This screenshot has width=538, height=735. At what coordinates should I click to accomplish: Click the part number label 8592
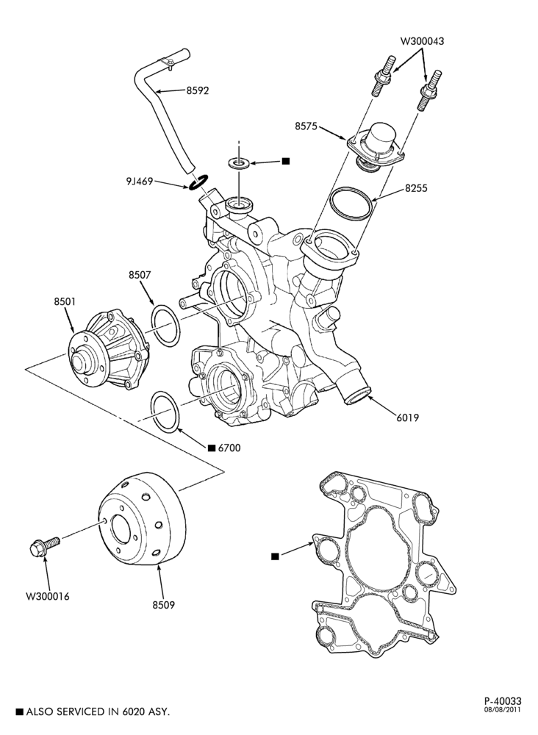pos(197,90)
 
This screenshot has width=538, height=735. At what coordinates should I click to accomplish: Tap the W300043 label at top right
pos(422,41)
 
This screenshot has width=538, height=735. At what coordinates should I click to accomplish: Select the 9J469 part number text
pos(139,181)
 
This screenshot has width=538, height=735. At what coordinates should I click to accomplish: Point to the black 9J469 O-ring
pos(198,182)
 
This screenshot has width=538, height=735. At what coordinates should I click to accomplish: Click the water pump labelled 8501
pos(109,348)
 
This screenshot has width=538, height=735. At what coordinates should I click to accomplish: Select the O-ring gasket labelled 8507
pos(165,326)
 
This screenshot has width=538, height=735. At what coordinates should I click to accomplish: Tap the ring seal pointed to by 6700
pos(165,412)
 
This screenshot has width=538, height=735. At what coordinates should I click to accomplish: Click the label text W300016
pos(47,597)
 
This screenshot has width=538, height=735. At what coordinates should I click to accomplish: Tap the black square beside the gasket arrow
pos(275,556)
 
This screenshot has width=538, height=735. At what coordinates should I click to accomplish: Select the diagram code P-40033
pos(503,701)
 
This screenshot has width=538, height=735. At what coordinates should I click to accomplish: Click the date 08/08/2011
pos(503,710)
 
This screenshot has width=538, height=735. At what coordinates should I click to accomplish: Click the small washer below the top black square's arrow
pos(239,164)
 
